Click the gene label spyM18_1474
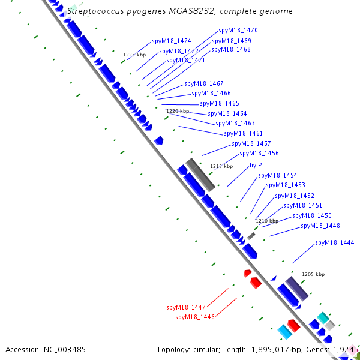click(x=171, y=41)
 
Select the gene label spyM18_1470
click(x=238, y=31)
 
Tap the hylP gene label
click(x=256, y=165)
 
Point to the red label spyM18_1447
click(x=186, y=307)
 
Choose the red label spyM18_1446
click(x=195, y=317)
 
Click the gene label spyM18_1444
click(x=335, y=242)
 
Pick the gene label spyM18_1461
click(x=243, y=133)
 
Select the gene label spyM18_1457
click(x=251, y=143)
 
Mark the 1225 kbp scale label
click(x=134, y=55)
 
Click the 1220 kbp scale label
click(x=178, y=111)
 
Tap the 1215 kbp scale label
click(x=221, y=166)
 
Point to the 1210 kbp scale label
click(x=267, y=221)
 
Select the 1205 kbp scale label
click(x=313, y=274)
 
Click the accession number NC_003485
click(x=65, y=350)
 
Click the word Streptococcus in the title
click(x=95, y=11)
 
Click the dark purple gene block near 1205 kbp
click(x=297, y=289)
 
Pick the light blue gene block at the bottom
click(x=284, y=332)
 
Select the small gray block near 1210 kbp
click(x=251, y=236)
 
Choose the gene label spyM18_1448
click(x=320, y=226)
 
